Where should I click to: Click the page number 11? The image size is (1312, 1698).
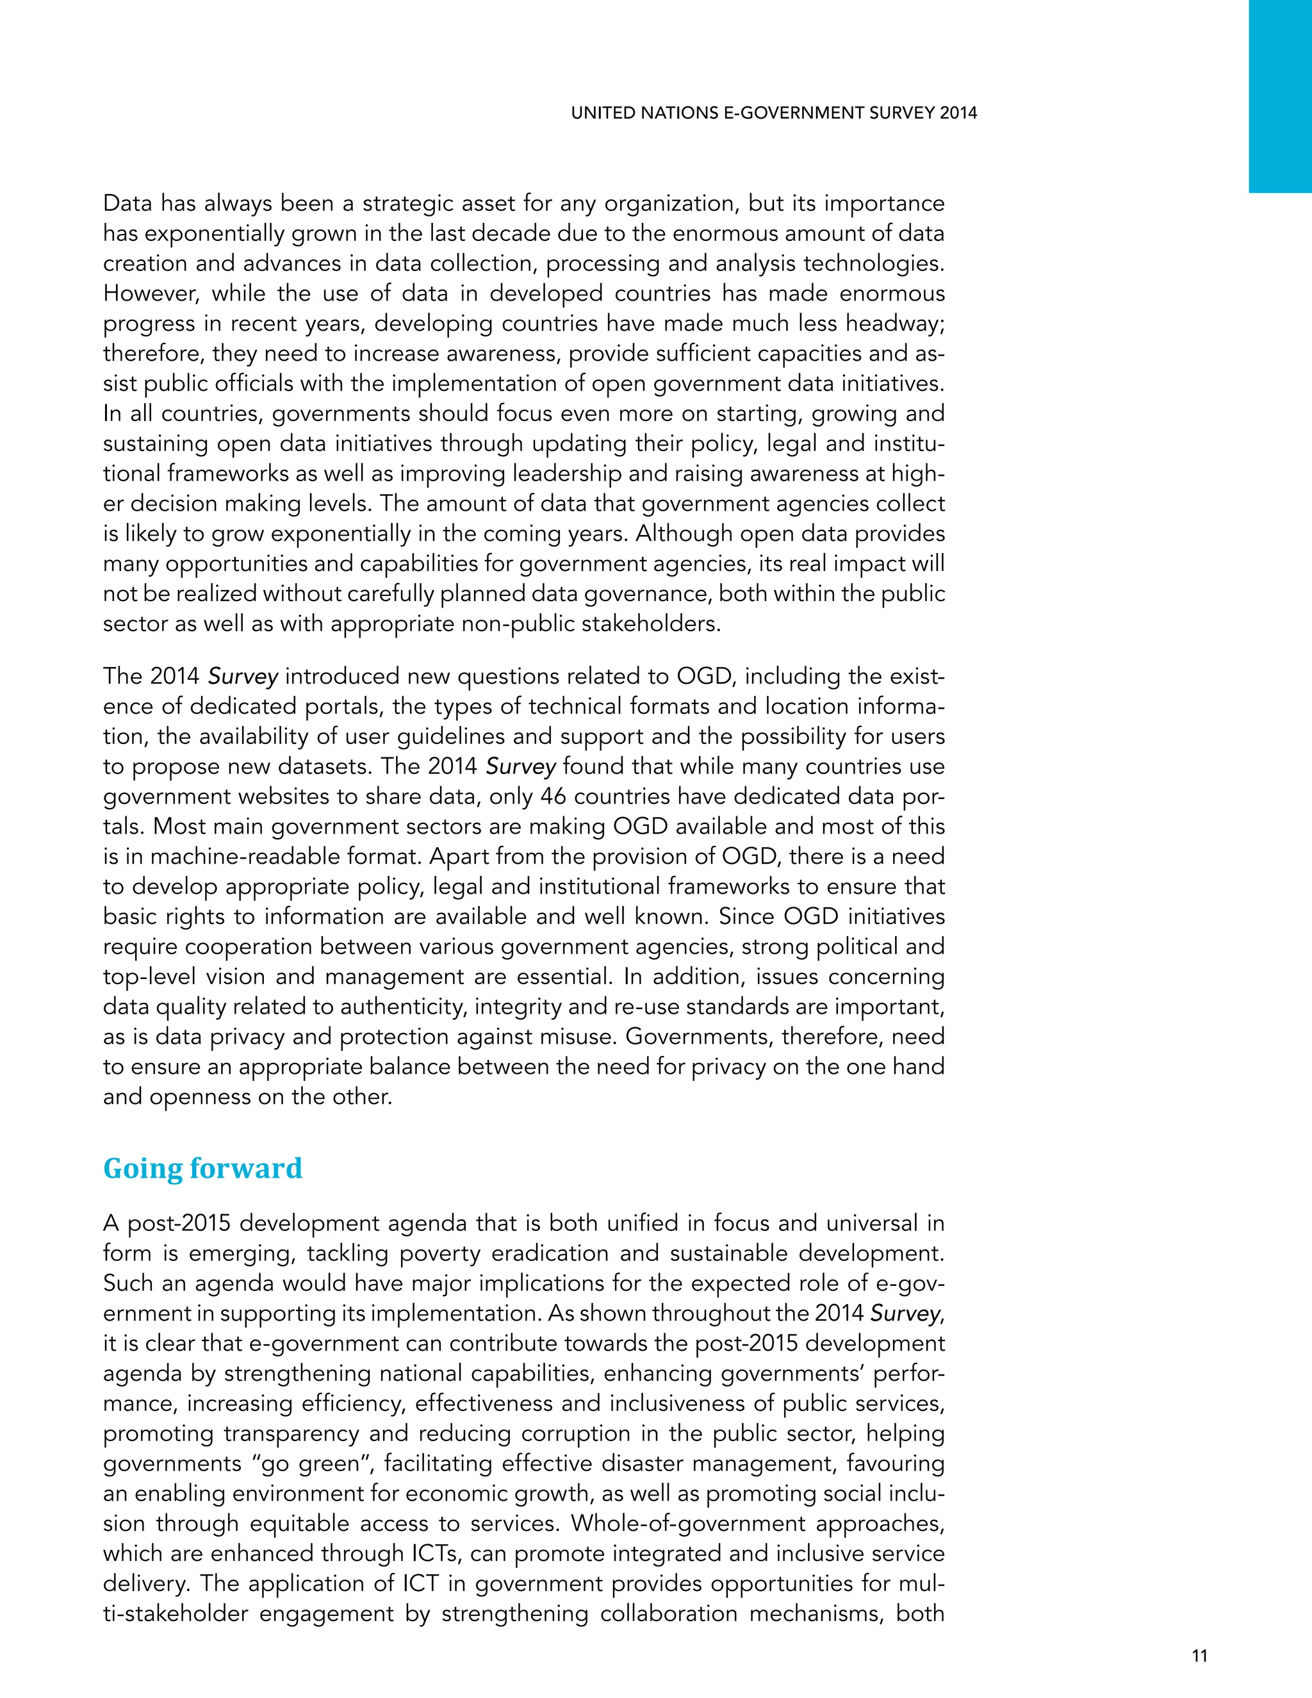(x=1199, y=1655)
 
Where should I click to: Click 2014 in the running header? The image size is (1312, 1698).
(x=958, y=113)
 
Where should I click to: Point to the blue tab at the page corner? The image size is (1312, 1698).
(x=1279, y=95)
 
